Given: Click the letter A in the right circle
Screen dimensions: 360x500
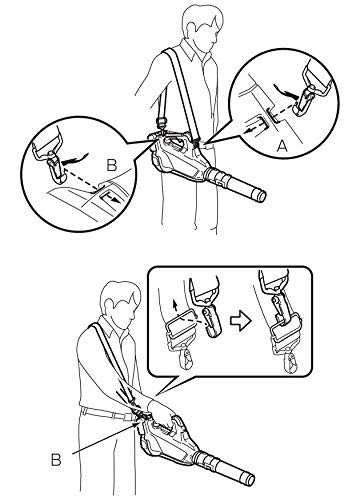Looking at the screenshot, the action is coord(282,146).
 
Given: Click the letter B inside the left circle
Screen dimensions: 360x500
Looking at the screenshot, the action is coord(112,165).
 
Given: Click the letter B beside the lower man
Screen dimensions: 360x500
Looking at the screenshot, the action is coord(56,459).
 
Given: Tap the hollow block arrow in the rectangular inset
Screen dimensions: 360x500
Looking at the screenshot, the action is coord(240,322).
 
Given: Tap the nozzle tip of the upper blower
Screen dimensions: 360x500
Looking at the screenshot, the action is coord(261,196).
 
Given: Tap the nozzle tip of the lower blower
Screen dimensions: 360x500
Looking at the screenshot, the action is coord(250,479).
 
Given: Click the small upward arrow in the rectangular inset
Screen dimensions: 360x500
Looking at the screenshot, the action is coord(174,304).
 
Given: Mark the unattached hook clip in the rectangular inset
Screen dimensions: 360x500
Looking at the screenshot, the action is coord(212,322).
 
